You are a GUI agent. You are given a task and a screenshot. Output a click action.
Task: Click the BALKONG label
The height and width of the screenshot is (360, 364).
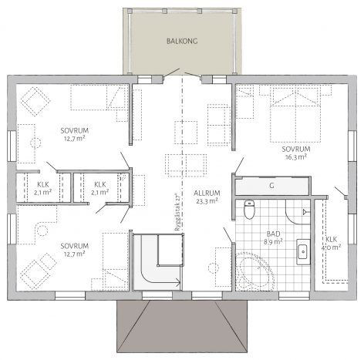click(182, 41)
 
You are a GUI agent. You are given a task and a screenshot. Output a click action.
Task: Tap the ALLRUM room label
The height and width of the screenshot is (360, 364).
click(207, 193)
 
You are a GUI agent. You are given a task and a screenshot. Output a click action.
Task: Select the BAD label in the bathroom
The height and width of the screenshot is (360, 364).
click(273, 234)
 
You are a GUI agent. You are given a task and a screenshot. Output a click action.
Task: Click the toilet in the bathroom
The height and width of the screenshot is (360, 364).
click(249, 210)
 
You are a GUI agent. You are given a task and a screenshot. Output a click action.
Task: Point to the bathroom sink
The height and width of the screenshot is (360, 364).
click(303, 252)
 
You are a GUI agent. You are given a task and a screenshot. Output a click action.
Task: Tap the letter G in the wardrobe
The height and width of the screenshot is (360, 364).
click(271, 186)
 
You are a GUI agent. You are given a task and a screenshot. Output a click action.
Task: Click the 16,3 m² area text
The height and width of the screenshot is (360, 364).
click(296, 157)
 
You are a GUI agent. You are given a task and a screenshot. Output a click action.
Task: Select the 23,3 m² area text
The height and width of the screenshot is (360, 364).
click(207, 201)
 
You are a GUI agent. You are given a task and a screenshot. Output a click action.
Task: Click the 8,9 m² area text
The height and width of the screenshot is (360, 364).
click(273, 241)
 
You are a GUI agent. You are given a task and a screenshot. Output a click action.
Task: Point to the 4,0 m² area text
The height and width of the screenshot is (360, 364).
click(331, 247)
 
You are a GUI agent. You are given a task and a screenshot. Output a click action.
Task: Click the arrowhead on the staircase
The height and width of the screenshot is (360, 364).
click(178, 284)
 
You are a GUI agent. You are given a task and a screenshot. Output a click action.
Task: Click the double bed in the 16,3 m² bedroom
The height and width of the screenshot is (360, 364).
click(295, 115)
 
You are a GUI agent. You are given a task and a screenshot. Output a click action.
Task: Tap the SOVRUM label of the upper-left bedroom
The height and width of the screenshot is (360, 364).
click(75, 130)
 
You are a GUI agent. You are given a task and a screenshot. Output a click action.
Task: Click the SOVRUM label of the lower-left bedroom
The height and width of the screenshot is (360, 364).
click(75, 246)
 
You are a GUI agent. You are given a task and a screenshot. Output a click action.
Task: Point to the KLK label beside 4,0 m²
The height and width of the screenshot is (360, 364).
click(332, 240)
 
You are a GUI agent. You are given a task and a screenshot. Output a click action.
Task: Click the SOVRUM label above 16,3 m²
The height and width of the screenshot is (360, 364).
click(296, 149)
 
